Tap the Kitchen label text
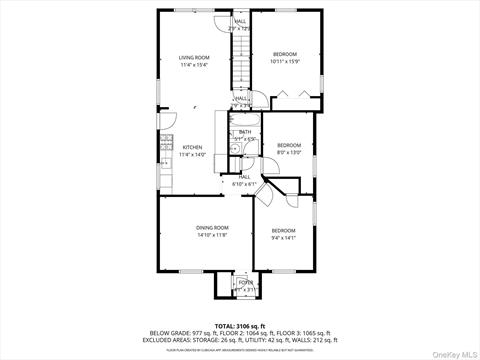point(192,151)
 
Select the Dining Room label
point(212,231)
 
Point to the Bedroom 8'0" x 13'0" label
point(289,148)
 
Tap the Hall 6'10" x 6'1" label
point(245,181)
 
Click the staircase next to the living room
point(240,60)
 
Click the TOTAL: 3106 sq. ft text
point(240,325)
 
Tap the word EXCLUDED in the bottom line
point(167,340)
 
